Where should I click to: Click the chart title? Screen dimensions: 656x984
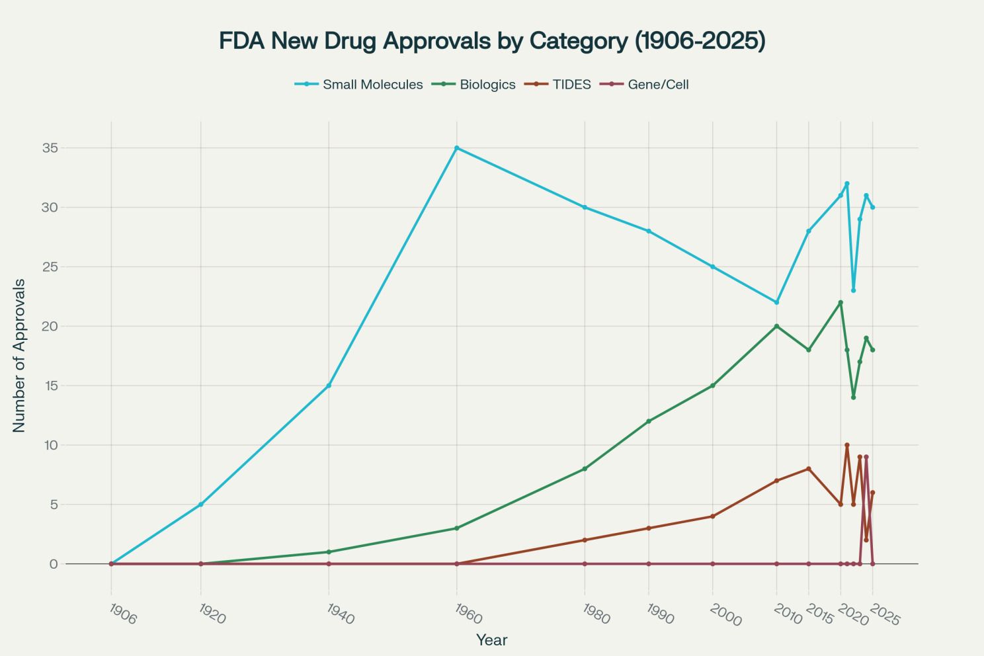(492, 41)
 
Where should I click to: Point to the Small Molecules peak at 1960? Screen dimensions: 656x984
(456, 148)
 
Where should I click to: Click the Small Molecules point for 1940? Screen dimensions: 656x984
(329, 386)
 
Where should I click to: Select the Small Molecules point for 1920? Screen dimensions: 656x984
(200, 505)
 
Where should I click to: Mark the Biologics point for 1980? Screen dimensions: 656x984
(585, 469)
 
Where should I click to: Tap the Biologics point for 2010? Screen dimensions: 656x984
(776, 326)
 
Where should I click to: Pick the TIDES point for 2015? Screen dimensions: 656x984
(808, 469)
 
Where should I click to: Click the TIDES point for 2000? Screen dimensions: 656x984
(712, 516)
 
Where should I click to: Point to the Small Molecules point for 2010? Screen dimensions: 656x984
(776, 302)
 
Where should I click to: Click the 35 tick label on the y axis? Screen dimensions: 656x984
(50, 148)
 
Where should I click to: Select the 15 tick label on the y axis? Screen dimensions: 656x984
(50, 386)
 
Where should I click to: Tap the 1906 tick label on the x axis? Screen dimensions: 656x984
(122, 615)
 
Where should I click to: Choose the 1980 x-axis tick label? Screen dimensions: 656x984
(596, 615)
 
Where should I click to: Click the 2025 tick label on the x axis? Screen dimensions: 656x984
(884, 616)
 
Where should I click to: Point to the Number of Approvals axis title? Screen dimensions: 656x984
(19, 356)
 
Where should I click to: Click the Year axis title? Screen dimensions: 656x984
(492, 640)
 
